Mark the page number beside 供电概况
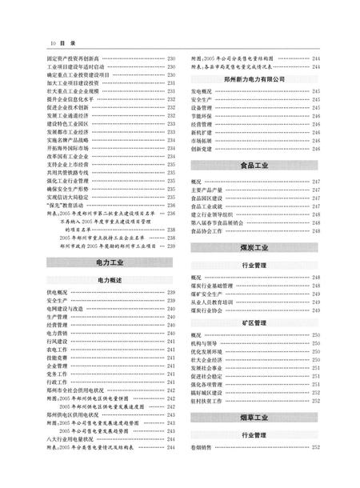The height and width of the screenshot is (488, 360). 171,294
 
